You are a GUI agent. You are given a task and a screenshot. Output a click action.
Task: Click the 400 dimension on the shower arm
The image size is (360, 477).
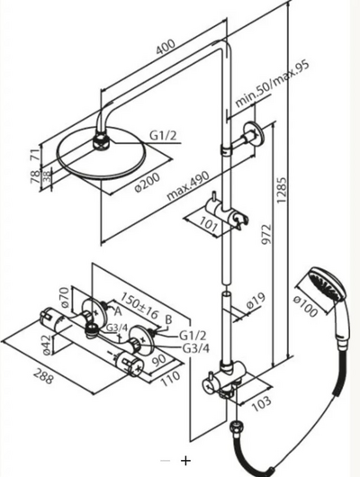pos(166,47)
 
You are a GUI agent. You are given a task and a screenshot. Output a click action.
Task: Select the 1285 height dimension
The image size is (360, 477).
pos(281,190)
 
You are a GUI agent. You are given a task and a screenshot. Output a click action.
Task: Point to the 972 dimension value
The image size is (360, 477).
pos(266,234)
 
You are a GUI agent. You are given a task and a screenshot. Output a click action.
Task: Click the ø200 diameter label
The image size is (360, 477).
pos(147,183)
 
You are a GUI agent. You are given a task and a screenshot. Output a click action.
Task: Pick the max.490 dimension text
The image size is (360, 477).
pos(188,185)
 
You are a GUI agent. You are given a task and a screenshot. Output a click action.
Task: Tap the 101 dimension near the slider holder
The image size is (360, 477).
pos(209,225)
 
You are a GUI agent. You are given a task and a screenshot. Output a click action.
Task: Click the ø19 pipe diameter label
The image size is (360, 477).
pos(256,301)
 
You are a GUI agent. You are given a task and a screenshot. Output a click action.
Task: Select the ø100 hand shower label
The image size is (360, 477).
pos(305,307)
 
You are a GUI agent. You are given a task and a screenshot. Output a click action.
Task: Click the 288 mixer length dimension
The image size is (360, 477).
pos(43,376)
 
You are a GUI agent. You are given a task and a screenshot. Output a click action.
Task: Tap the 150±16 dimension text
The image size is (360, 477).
pos(139,305)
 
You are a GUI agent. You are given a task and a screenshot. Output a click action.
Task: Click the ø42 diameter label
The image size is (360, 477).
pos(46,344)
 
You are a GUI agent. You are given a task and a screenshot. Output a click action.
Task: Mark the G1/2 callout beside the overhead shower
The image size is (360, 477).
pos(164,136)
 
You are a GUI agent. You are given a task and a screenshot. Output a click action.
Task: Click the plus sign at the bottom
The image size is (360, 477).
pos(185,460)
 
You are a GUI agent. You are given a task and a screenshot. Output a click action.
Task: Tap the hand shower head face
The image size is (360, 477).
pos(325,284)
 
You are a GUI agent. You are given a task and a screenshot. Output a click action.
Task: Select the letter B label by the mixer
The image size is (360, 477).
pos(168,319)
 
